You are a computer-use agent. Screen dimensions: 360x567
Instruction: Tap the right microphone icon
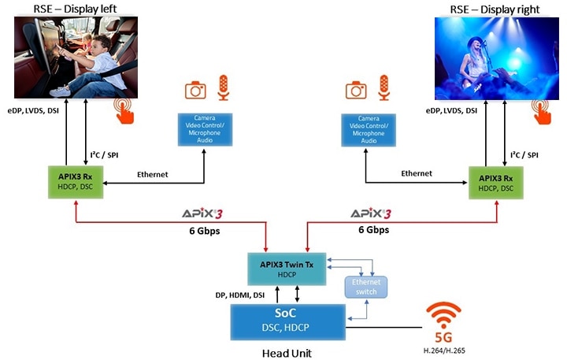click(384, 87)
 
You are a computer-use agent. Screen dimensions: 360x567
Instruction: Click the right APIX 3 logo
click(370, 213)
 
